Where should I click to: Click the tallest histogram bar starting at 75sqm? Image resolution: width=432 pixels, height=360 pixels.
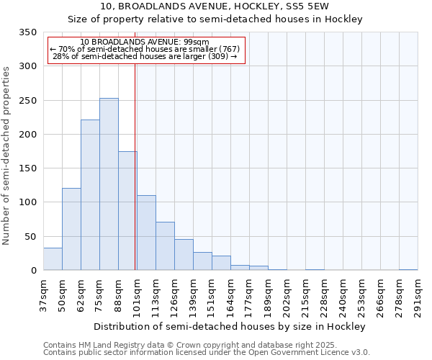pos(109,184)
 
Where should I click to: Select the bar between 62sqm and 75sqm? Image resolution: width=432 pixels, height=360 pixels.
pos(90,195)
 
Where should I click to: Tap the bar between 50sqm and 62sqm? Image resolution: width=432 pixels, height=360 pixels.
pos(71,229)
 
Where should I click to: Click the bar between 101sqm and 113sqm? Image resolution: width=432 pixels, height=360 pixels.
pos(146,233)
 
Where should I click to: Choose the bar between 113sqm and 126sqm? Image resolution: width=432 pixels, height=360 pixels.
pos(165,246)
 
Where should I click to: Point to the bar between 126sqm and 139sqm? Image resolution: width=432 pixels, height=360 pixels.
pos(184,255)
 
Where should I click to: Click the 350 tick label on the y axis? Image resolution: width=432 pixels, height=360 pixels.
pos(27,32)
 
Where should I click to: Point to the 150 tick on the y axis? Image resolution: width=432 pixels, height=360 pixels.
pos(27,168)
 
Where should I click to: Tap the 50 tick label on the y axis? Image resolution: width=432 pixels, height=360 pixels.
pos(30,236)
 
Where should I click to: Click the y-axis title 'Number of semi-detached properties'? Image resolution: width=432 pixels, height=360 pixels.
pos(7,155)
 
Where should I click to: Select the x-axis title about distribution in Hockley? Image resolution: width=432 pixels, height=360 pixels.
pos(230,326)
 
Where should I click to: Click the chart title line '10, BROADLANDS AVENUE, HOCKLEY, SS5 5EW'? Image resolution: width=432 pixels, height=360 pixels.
pos(215,6)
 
